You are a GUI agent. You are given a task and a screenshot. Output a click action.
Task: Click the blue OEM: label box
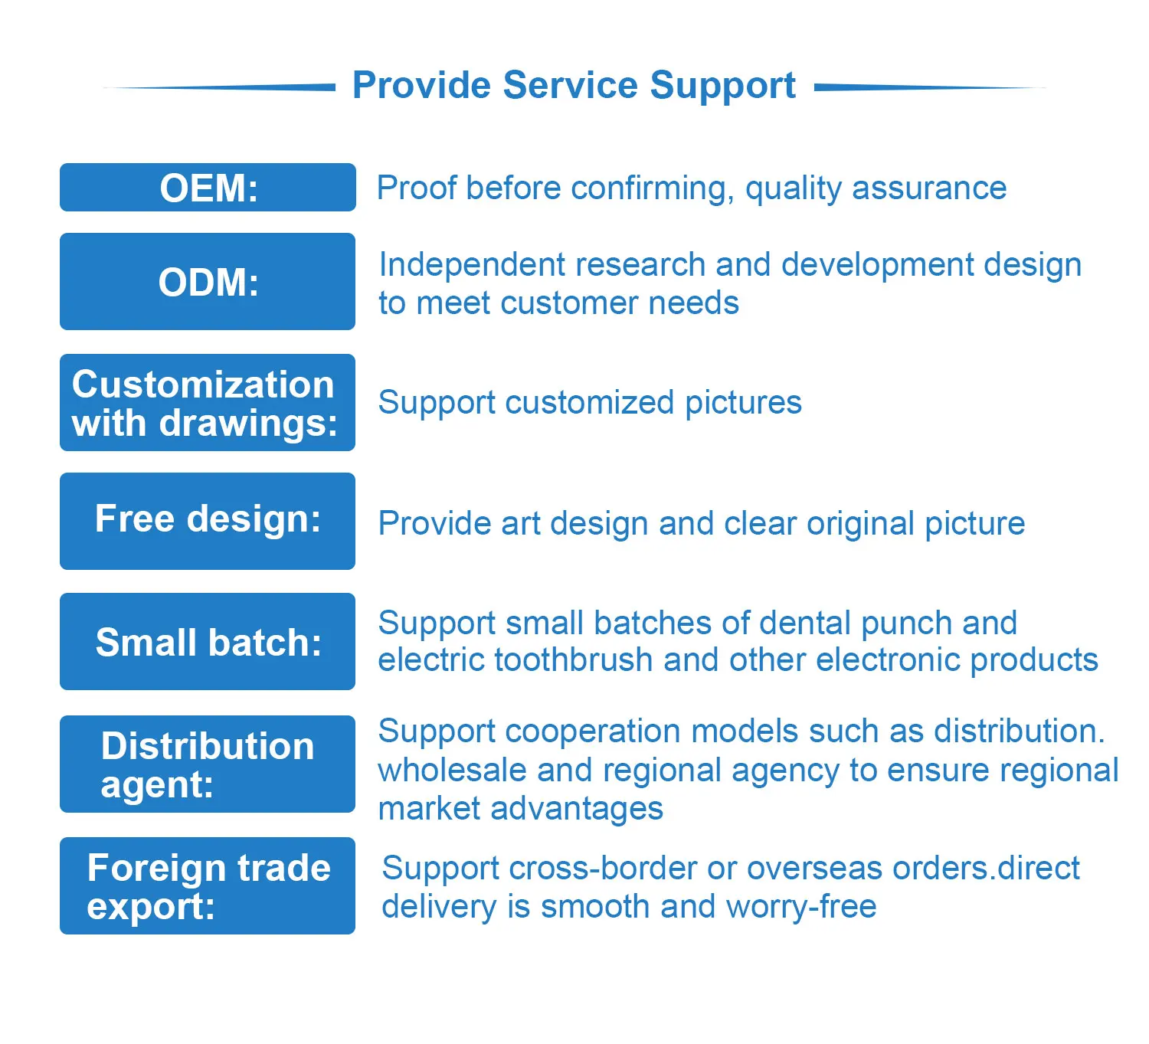pyautogui.click(x=208, y=188)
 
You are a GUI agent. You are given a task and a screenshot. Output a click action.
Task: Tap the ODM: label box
pyautogui.click(x=208, y=282)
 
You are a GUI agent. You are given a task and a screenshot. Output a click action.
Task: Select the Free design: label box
pyautogui.click(x=208, y=521)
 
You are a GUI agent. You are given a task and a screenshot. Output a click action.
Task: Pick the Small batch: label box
pyautogui.click(x=208, y=642)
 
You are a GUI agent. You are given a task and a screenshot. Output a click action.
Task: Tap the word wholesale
pyautogui.click(x=453, y=771)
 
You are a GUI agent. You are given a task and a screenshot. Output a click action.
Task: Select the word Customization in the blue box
pyautogui.click(x=203, y=385)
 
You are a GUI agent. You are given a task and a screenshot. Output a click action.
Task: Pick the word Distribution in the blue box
pyautogui.click(x=208, y=746)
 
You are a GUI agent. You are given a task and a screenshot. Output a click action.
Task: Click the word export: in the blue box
pyautogui.click(x=151, y=907)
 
